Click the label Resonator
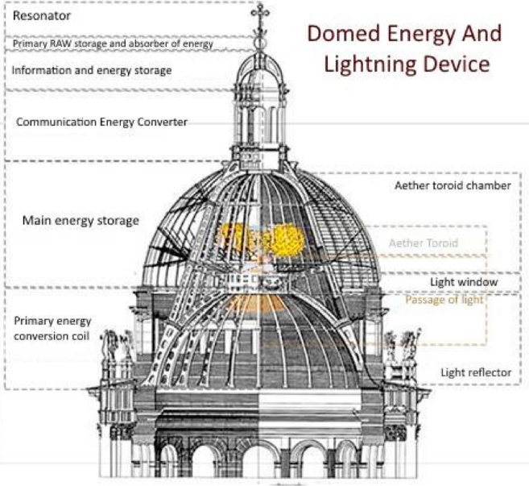[x=36, y=15]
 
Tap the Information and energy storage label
[x=91, y=70]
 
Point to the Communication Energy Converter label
[x=102, y=122]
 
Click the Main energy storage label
[x=81, y=219]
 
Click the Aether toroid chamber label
[x=453, y=185]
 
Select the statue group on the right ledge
[x=400, y=347]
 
